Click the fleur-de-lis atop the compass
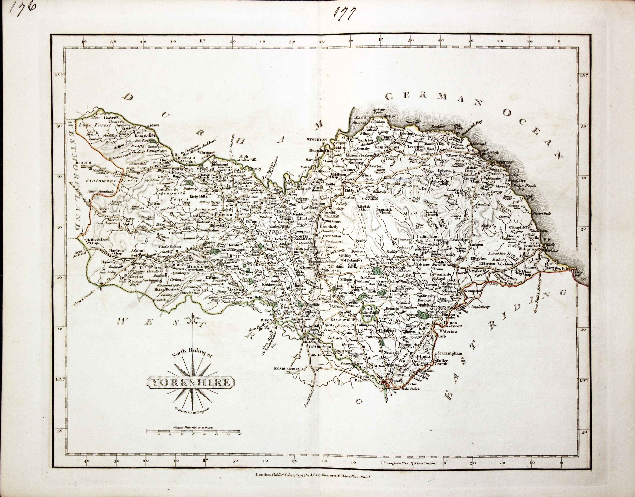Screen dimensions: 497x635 coord(193,321)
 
